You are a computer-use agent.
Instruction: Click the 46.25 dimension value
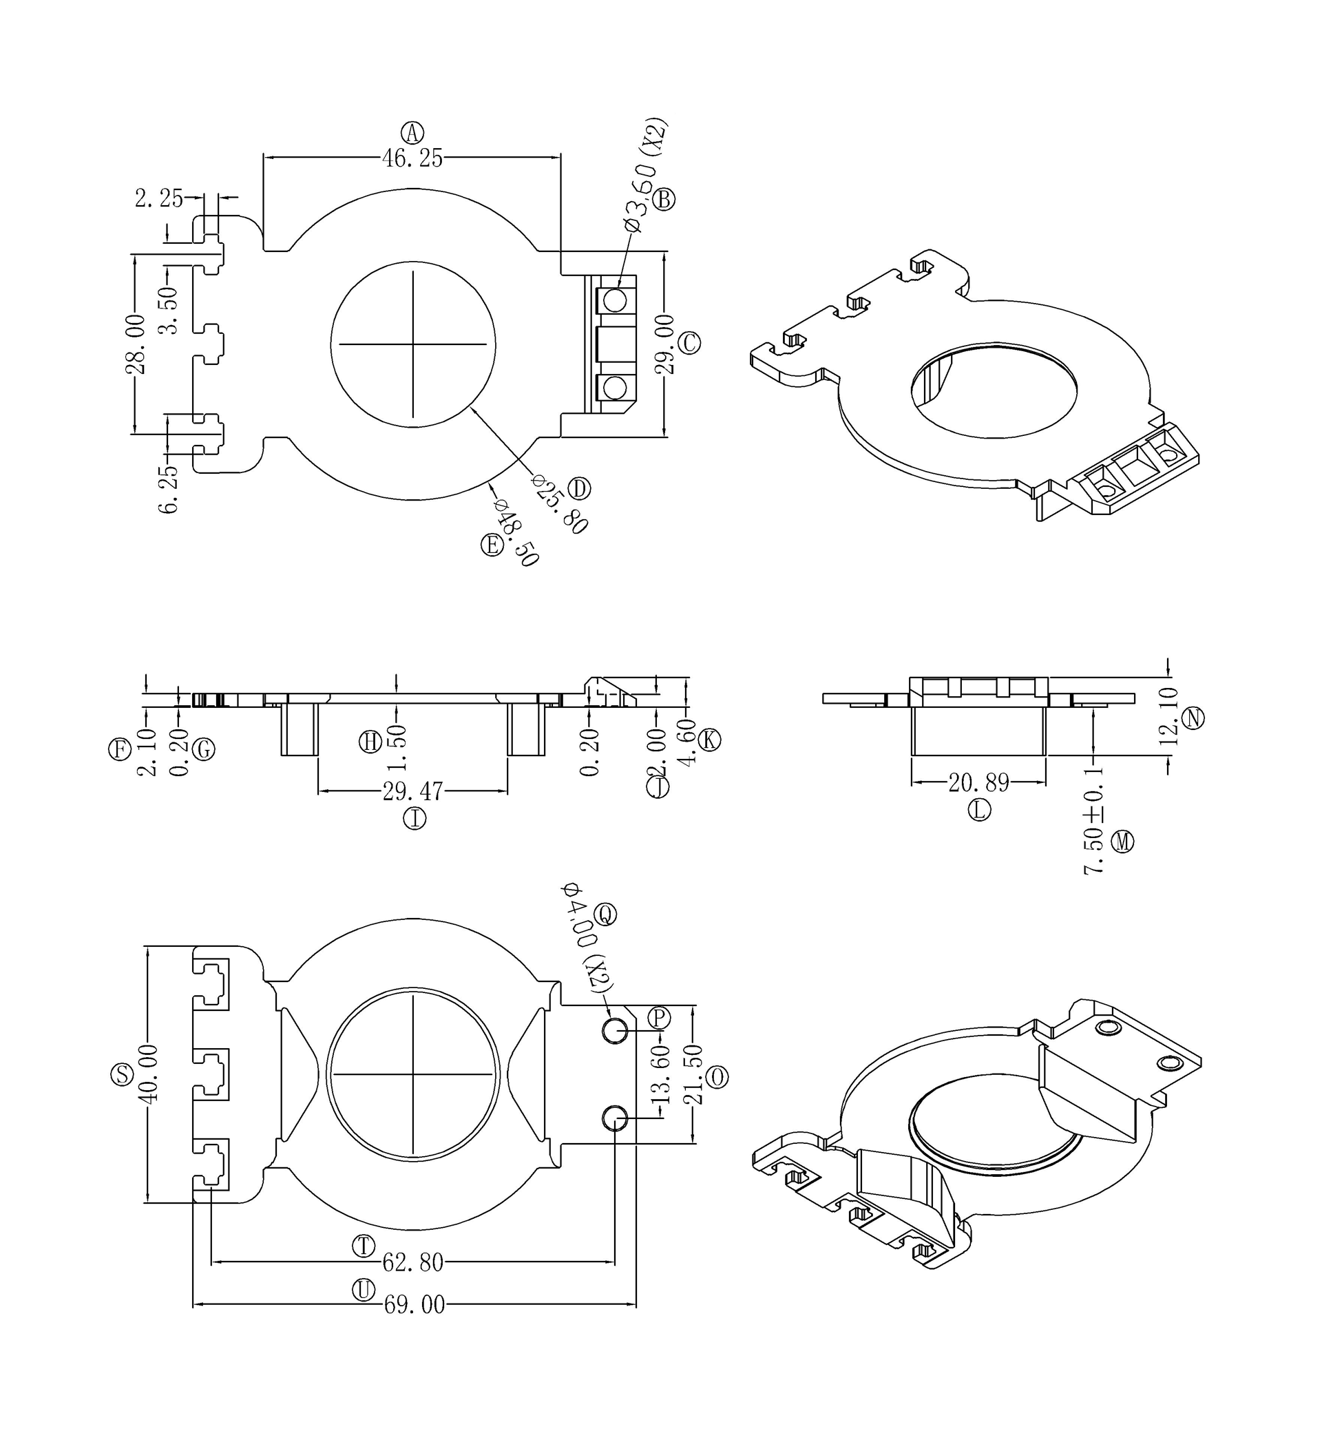412,158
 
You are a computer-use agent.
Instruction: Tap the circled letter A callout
412,132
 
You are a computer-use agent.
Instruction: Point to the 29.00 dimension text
664,344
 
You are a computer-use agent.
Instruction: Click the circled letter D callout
579,488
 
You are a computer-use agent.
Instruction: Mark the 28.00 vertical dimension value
135,344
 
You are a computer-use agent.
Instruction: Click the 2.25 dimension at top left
159,198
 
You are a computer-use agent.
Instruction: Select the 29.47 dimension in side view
412,792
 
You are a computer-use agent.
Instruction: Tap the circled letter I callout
415,818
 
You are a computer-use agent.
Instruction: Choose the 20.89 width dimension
978,783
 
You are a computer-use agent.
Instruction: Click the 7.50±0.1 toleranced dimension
1094,819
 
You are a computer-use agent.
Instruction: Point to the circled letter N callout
1193,718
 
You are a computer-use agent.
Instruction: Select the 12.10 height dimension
1168,716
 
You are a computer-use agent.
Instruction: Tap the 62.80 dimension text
412,1262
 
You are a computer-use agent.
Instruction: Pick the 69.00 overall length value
415,1306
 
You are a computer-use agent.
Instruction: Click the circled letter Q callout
605,914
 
